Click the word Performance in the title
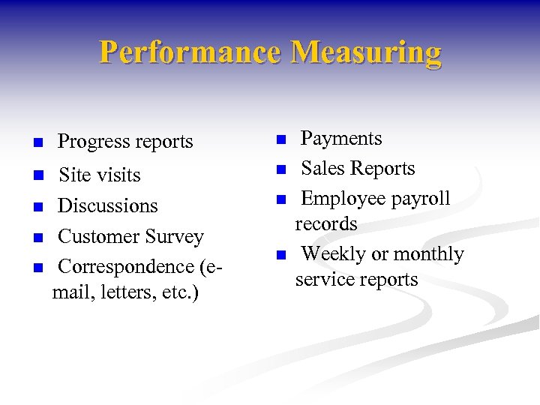coord(190,52)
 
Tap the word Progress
coord(91,142)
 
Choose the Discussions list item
coord(108,205)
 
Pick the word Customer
coord(97,236)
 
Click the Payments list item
coord(341,139)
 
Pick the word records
coord(326,223)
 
